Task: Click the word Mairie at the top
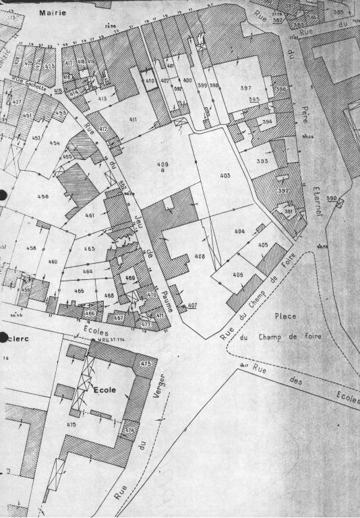point(52,13)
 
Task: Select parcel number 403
point(224,175)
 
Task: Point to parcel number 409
point(162,165)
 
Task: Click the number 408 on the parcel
point(200,256)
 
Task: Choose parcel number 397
point(245,88)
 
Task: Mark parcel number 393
point(262,161)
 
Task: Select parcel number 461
point(90,216)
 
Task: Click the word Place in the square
point(286,316)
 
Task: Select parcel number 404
point(240,231)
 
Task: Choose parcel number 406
point(237,275)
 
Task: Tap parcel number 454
point(55,143)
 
